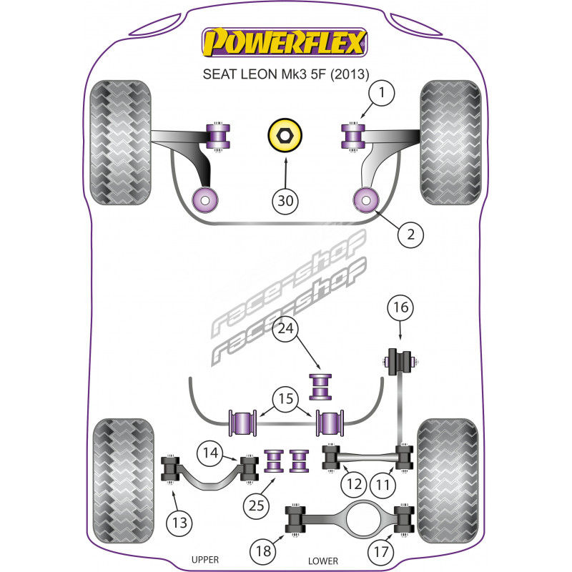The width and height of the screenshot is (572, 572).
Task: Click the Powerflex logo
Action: pyautogui.click(x=285, y=42)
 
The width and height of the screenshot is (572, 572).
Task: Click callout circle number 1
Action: pyautogui.click(x=382, y=93)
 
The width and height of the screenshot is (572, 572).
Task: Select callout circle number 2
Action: pyautogui.click(x=410, y=235)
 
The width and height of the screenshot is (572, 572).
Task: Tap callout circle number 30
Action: pyautogui.click(x=285, y=201)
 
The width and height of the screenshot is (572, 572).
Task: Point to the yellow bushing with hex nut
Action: pyautogui.click(x=285, y=136)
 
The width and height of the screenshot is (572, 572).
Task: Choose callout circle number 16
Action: pyautogui.click(x=400, y=307)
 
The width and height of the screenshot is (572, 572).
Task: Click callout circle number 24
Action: pyautogui.click(x=285, y=329)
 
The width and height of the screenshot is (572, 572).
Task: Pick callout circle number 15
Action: pyautogui.click(x=285, y=399)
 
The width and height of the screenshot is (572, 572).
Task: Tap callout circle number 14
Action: pyautogui.click(x=210, y=453)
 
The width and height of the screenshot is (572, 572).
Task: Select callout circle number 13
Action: pyautogui.click(x=179, y=523)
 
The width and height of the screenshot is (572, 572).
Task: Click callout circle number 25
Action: pyautogui.click(x=256, y=506)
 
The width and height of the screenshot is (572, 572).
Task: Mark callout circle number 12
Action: pyautogui.click(x=354, y=485)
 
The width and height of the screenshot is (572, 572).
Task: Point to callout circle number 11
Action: pyautogui.click(x=383, y=485)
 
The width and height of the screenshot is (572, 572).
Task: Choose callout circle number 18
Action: pyautogui.click(x=263, y=551)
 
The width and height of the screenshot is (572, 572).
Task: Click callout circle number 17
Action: pyautogui.click(x=381, y=551)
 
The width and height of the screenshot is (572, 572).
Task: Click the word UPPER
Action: pyautogui.click(x=205, y=560)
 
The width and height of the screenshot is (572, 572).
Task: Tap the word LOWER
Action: pyautogui.click(x=323, y=561)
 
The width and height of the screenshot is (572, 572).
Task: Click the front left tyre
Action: pyautogui.click(x=120, y=142)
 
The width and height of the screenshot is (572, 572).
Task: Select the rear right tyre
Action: pyautogui.click(x=448, y=480)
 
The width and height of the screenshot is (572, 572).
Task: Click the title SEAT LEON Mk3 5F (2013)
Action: pyautogui.click(x=285, y=74)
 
